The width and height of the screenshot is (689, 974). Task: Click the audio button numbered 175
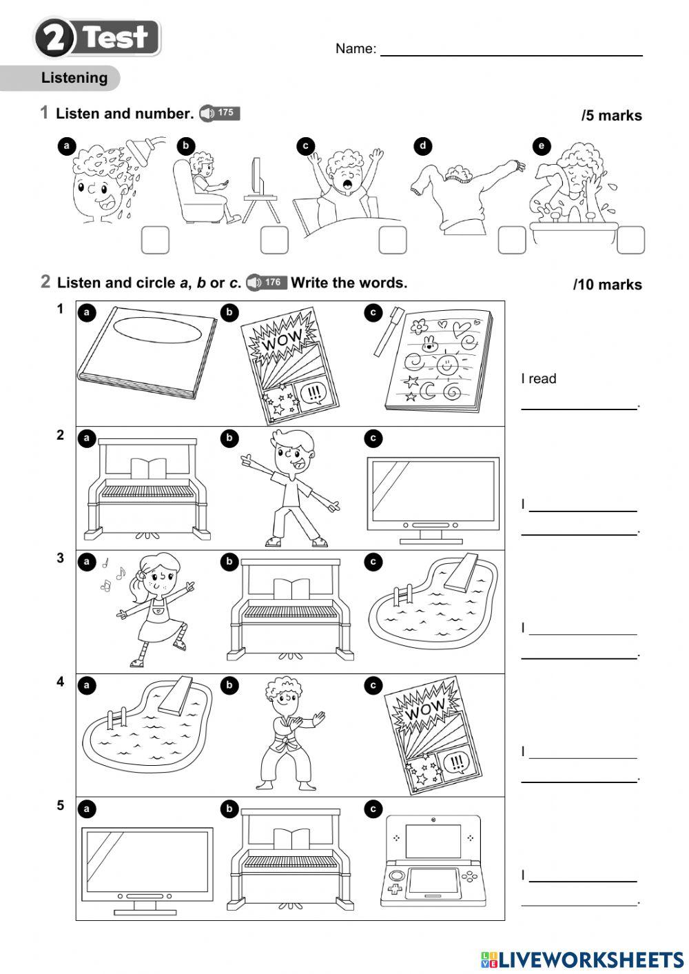(219, 113)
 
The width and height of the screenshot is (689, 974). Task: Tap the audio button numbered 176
(266, 282)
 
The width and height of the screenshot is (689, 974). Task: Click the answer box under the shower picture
(155, 240)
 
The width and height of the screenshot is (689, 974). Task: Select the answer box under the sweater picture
(512, 240)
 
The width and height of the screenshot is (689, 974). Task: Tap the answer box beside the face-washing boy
(630, 240)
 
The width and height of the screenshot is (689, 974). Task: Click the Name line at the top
(511, 50)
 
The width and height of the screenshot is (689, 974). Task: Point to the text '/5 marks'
(611, 116)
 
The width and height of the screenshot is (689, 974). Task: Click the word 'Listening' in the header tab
(74, 78)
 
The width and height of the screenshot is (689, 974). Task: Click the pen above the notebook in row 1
(389, 330)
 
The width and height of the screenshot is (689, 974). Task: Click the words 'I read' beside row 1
(538, 378)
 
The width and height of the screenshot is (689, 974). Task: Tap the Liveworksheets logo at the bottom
(582, 959)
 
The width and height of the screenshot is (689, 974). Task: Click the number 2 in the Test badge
(54, 38)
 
